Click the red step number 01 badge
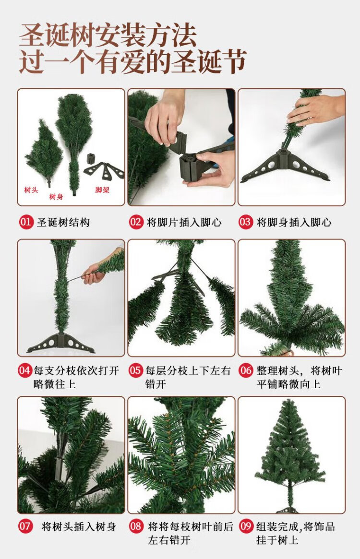[x=26, y=222]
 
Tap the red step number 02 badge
[x=136, y=222]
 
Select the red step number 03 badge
[x=245, y=222]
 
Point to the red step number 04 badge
[x=24, y=370]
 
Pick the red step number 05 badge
[x=135, y=370]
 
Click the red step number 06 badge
[x=246, y=370]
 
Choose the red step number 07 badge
[x=25, y=526]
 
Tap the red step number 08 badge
[x=135, y=526]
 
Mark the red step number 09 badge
[x=246, y=526]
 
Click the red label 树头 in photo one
[x=31, y=190]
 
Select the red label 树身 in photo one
[x=56, y=196]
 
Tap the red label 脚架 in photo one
[x=102, y=190]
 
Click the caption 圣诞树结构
[x=63, y=223]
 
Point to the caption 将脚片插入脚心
[x=184, y=223]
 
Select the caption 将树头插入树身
[x=79, y=526]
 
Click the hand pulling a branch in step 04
[x=94, y=273]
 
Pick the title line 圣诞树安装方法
[x=108, y=35]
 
